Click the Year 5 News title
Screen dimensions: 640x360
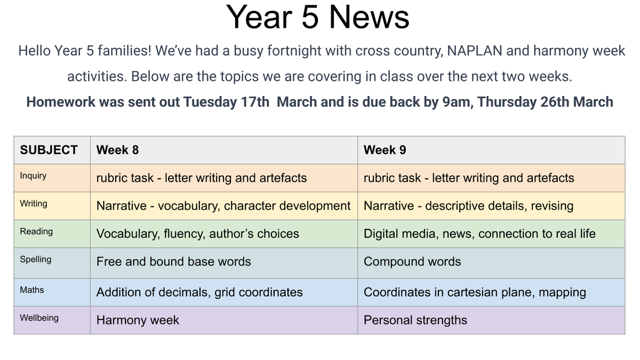pos(317,17)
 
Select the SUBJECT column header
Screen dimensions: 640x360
pos(49,150)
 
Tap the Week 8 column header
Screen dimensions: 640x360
pos(117,150)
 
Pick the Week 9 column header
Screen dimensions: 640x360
pos(385,150)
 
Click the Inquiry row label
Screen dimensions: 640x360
pos(33,175)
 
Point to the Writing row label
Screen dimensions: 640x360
pos(34,204)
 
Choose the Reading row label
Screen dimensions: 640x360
pos(36,231)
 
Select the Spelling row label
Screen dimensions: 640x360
pos(36,259)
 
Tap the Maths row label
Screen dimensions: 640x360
pos(32,290)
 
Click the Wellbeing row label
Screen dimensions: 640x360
pos(39,318)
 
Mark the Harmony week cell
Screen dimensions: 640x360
pos(138,321)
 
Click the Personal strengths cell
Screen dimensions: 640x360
pos(415,321)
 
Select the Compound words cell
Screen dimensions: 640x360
pos(412,262)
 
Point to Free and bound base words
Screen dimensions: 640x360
pos(173,262)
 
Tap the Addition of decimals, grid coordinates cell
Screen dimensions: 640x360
pos(199,292)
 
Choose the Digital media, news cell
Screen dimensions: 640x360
pos(479,234)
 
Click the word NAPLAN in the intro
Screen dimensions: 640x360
pos(474,51)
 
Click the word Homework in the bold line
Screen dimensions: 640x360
pos(61,102)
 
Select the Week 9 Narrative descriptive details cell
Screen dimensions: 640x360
pos(468,206)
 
